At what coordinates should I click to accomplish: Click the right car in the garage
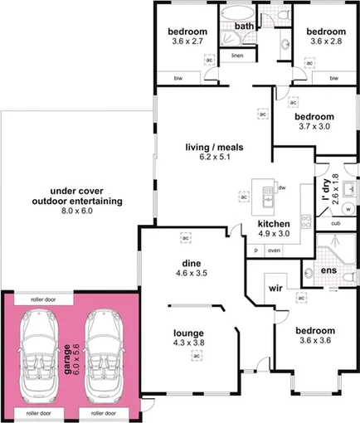105,349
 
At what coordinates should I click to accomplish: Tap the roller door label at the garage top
36,300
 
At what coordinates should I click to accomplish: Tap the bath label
244,27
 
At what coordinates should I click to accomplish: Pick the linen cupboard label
237,56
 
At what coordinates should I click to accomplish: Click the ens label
328,271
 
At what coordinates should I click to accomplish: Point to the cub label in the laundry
335,223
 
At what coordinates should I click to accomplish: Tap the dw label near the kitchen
282,187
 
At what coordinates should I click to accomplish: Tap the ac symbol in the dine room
186,236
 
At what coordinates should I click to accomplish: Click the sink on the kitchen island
267,198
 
